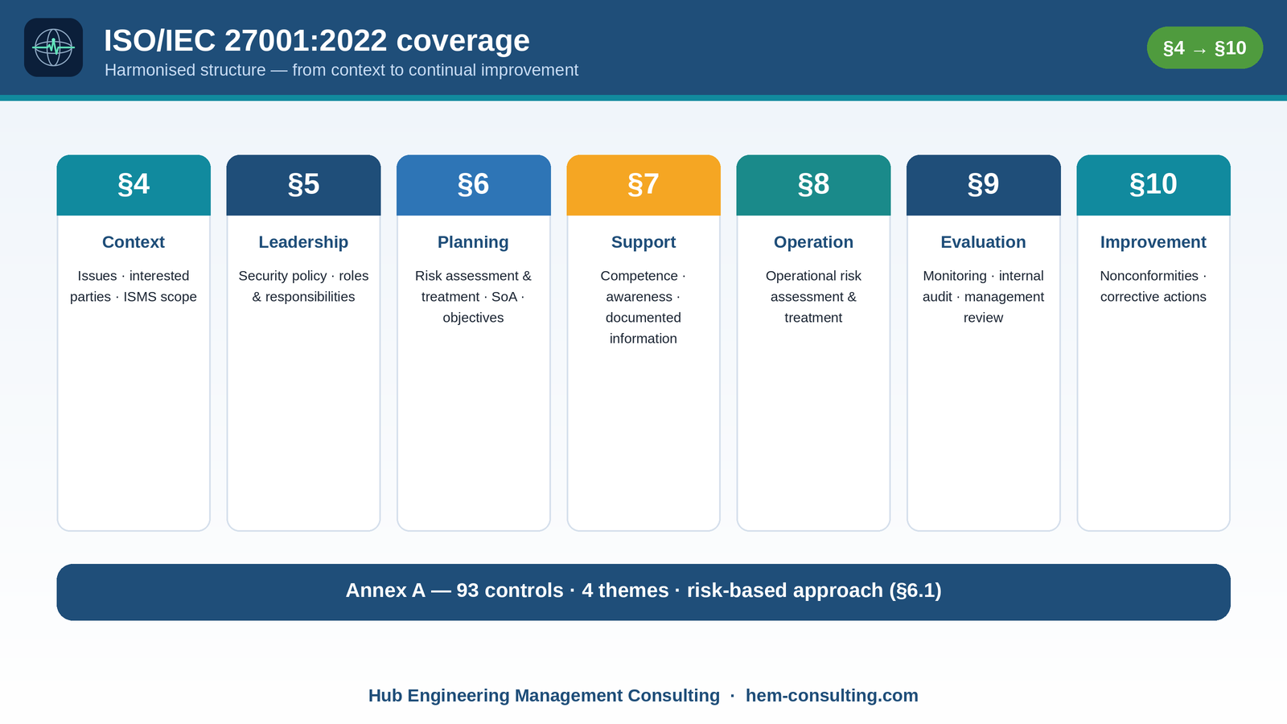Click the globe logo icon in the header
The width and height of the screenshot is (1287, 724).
tap(53, 47)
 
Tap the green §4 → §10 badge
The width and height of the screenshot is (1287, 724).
tap(1205, 47)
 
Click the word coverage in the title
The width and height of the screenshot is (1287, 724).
tap(463, 40)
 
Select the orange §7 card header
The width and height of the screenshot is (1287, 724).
tap(643, 185)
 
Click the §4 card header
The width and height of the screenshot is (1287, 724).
tap(134, 185)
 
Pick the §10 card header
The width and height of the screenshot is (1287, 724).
tap(1153, 185)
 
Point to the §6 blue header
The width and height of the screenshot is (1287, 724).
tap(474, 185)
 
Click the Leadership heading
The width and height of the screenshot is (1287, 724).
tap(303, 242)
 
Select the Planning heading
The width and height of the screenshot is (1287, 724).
tap(473, 242)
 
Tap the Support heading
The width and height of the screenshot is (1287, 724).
tap(643, 242)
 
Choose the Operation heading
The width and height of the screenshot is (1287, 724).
tap(813, 242)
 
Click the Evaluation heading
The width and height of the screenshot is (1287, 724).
tap(983, 242)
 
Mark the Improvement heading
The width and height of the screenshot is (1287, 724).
tap(1153, 242)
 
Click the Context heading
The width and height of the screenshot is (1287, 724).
tap(134, 242)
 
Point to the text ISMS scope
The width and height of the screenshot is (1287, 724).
tap(160, 297)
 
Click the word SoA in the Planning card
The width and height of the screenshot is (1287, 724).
tap(504, 297)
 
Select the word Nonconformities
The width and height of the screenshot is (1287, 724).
tap(1149, 276)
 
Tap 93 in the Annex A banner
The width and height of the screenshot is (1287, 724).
tap(467, 590)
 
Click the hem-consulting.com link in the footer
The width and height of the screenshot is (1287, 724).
tap(832, 695)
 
